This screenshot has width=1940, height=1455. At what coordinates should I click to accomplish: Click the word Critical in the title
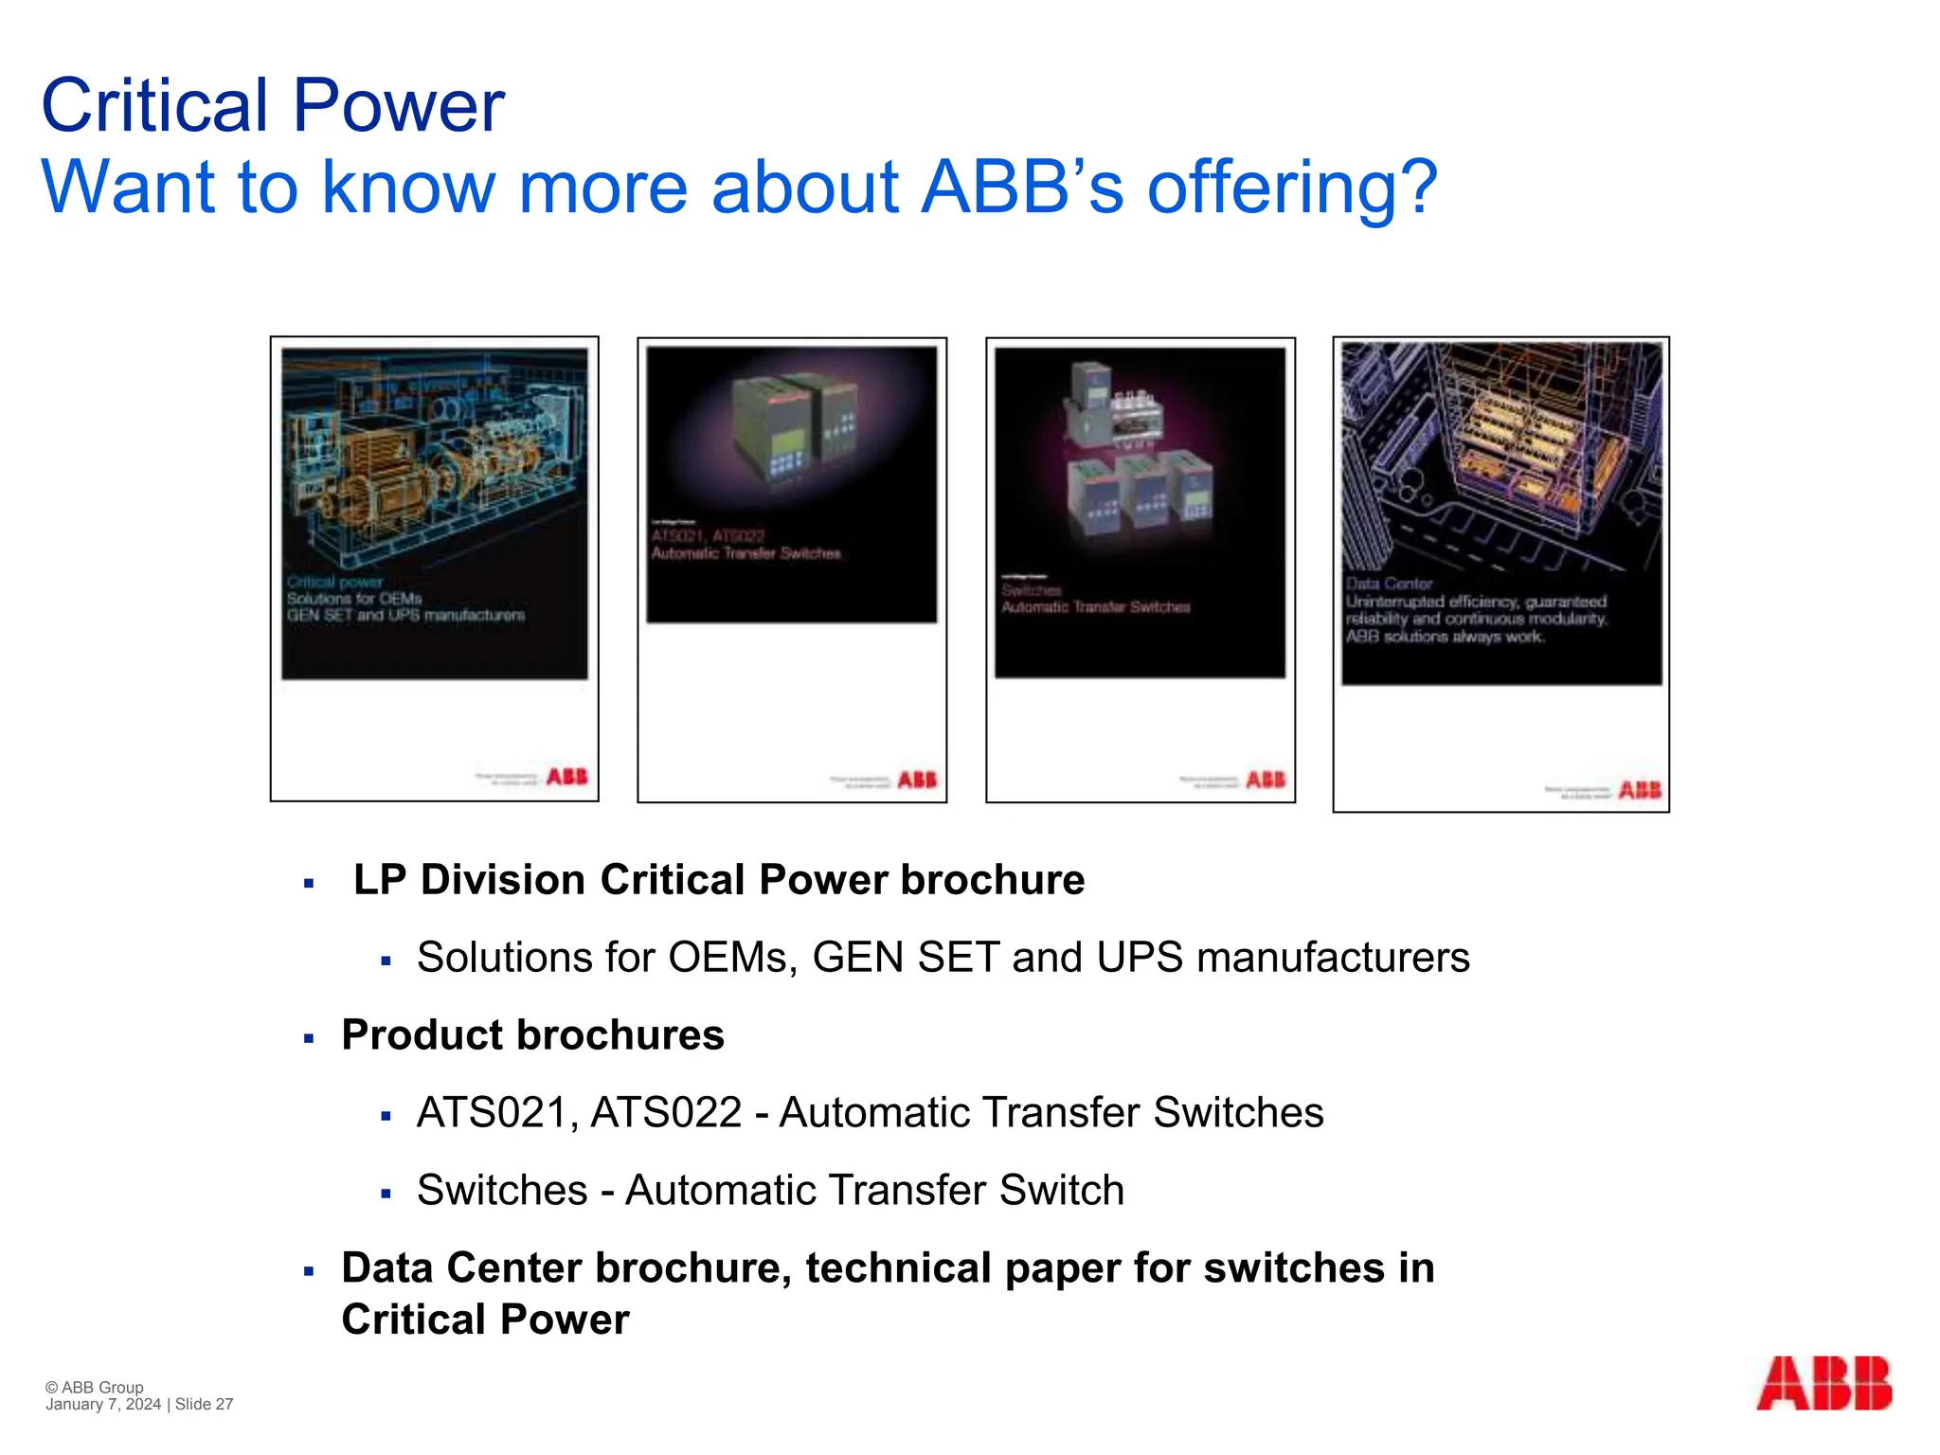[155, 105]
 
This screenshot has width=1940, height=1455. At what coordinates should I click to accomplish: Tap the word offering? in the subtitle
[1292, 188]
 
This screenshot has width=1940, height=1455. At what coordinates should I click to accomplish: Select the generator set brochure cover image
[435, 568]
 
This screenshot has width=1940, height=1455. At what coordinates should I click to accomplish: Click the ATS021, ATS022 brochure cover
[792, 569]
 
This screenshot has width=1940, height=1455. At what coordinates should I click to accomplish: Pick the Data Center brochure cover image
[1500, 573]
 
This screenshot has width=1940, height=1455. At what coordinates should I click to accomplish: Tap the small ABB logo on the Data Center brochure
[1640, 790]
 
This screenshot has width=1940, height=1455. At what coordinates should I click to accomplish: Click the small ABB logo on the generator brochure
[567, 777]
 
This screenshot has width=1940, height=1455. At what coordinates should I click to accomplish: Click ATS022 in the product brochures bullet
[667, 1113]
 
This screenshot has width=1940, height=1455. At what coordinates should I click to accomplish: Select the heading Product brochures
[532, 1035]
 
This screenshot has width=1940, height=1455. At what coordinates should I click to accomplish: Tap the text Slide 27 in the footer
[204, 1405]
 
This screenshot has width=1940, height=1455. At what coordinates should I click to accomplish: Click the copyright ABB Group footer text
[95, 1387]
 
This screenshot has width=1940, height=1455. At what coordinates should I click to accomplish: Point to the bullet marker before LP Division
[309, 884]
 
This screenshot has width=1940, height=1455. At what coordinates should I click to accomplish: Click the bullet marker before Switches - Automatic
[386, 1194]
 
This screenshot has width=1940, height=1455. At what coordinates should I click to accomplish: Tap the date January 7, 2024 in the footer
[103, 1405]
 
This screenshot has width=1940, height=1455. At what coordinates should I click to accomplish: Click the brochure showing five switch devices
[1141, 569]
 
